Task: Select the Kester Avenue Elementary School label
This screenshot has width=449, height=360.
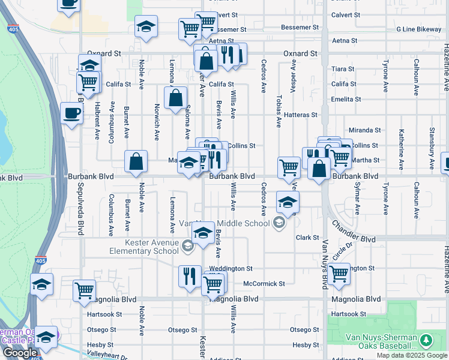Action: pos(152,246)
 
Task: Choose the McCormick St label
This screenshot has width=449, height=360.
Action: pos(264,283)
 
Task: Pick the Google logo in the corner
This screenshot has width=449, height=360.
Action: pos(19,353)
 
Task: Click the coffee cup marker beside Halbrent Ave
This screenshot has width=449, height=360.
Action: pos(71,113)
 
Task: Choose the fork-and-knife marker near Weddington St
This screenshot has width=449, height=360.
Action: pos(190,276)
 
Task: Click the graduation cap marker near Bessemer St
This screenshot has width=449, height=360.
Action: pos(145,26)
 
